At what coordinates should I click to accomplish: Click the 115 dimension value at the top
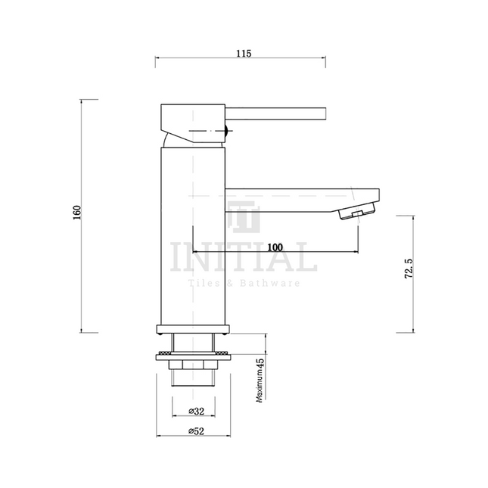(x=242, y=53)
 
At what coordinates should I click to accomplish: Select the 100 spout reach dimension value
(x=275, y=247)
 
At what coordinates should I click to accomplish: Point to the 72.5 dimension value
(x=409, y=271)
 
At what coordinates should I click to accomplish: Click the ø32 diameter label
(x=196, y=412)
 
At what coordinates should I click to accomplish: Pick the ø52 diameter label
(x=196, y=432)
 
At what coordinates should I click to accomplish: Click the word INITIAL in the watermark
(x=244, y=259)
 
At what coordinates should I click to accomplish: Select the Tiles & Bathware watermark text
(x=244, y=283)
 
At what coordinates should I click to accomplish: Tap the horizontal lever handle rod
(x=276, y=113)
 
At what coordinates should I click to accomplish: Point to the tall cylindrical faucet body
(x=194, y=235)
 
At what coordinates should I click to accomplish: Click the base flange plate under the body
(x=194, y=328)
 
